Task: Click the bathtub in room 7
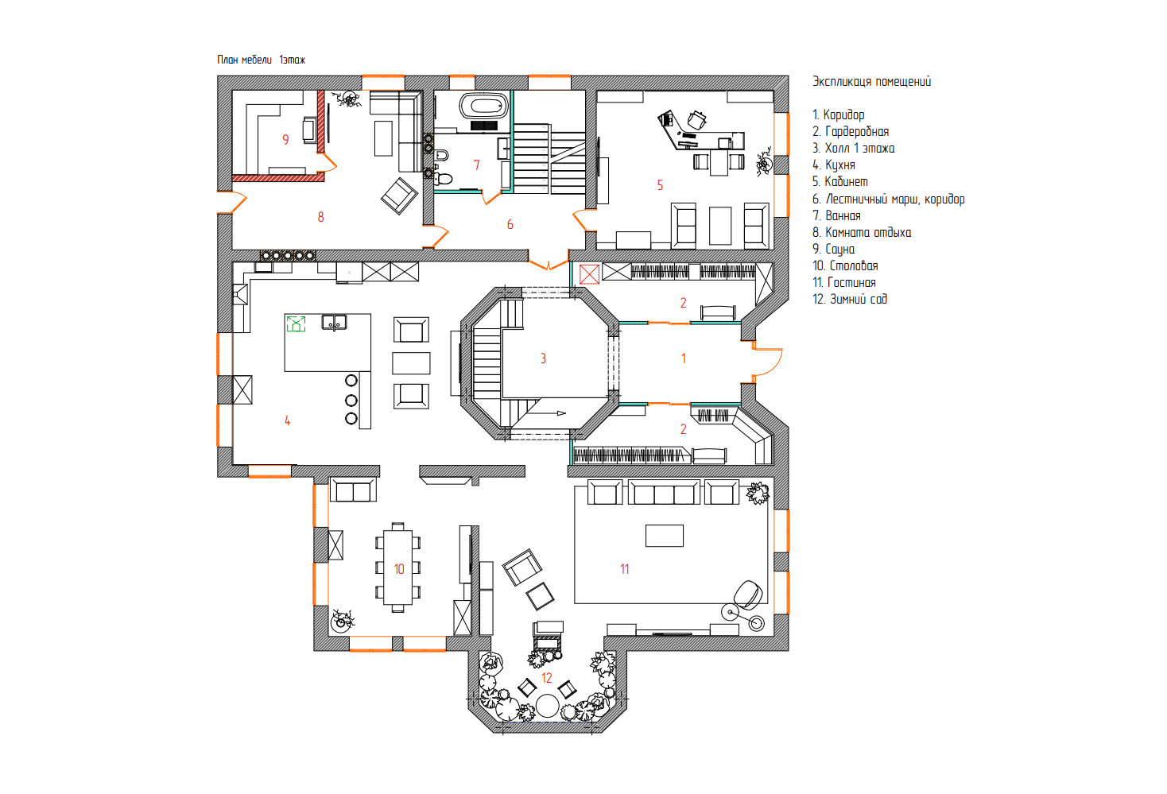[484, 106]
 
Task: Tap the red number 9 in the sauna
[285, 139]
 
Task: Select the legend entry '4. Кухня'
[834, 165]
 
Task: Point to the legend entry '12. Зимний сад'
[850, 299]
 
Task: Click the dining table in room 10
[398, 567]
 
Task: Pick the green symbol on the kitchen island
[296, 323]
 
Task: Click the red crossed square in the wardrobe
[589, 274]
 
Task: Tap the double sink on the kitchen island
[334, 323]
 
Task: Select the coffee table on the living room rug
[665, 536]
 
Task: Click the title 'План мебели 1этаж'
[261, 60]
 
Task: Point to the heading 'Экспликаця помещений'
[871, 81]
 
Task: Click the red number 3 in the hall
[544, 358]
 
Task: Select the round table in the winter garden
[547, 706]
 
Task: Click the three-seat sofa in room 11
[664, 492]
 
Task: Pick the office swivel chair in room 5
[697, 120]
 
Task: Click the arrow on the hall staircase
[546, 413]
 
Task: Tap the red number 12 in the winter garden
[546, 678]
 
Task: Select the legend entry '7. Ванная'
[836, 215]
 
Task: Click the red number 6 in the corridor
[510, 225]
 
